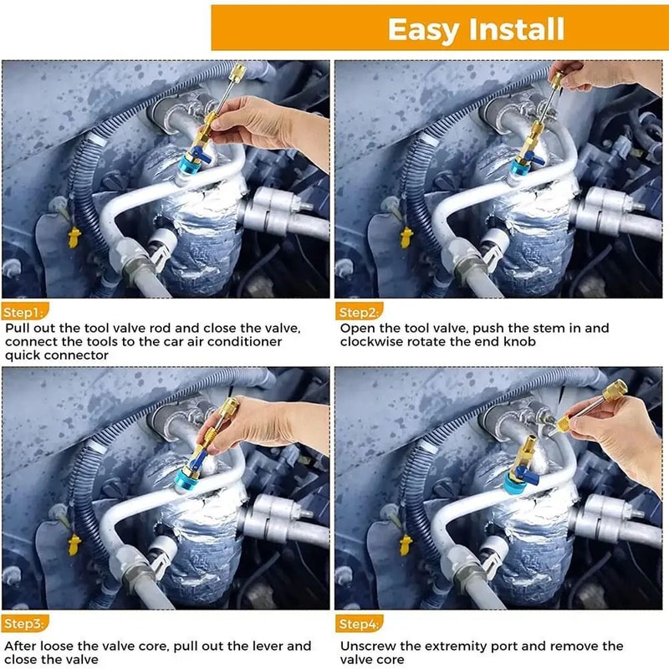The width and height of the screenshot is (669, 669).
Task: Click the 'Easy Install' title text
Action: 476,30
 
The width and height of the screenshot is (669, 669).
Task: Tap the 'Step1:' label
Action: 22,312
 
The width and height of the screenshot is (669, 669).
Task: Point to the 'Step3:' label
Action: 23,624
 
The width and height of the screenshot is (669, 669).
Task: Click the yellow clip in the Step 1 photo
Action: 74,236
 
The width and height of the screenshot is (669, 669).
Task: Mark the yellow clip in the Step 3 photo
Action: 74,544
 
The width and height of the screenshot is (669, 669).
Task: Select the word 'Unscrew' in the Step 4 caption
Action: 367,646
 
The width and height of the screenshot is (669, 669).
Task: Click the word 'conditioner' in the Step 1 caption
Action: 247,342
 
